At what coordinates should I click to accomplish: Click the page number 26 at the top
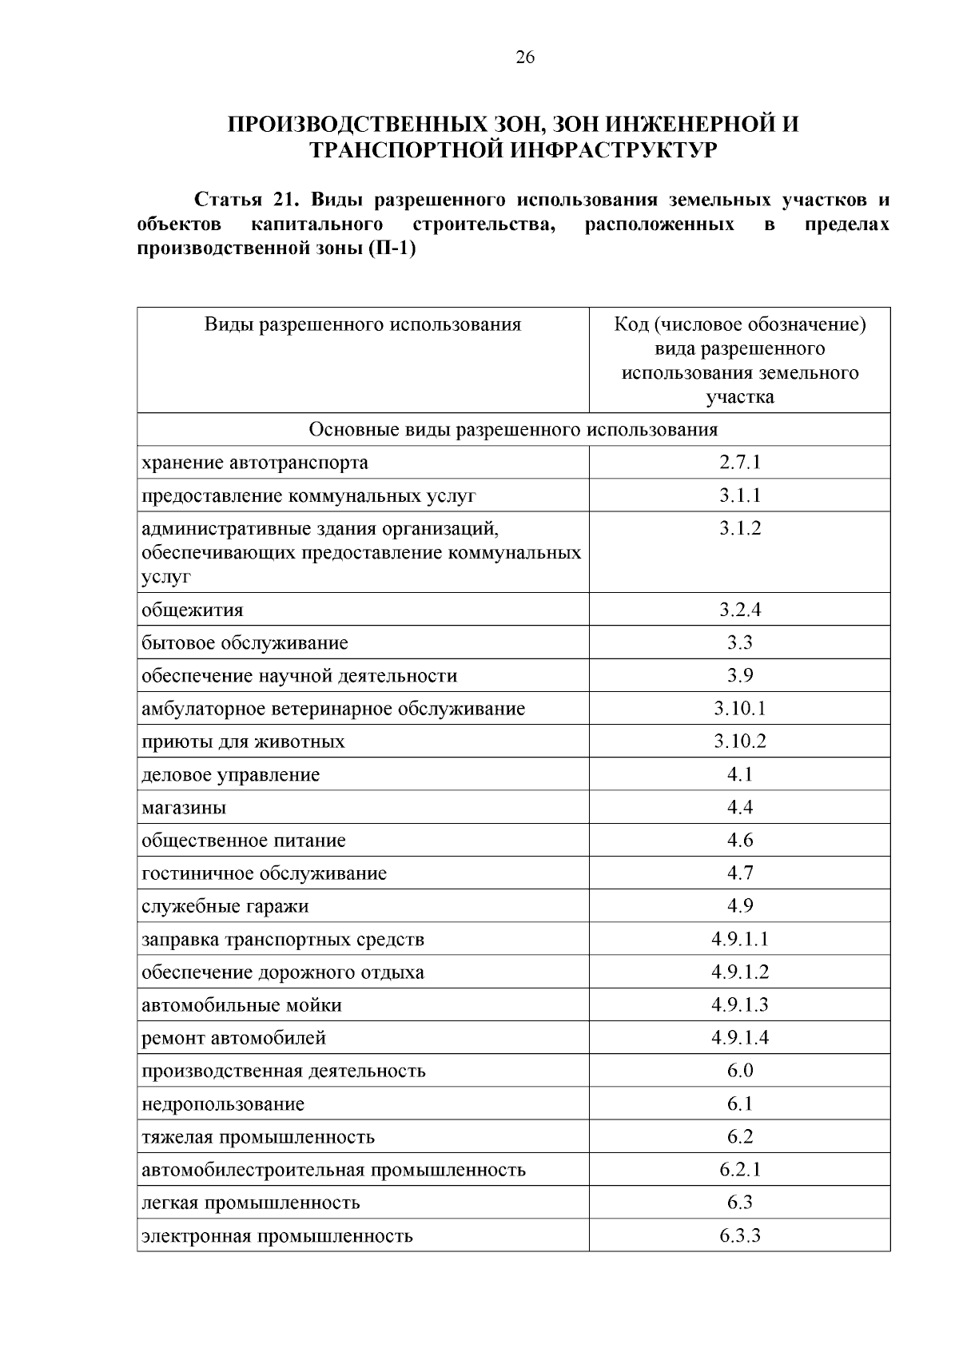click(525, 57)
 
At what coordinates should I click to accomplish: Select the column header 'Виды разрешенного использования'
click(362, 324)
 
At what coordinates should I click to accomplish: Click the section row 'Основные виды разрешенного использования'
click(513, 430)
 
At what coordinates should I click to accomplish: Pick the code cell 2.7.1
click(739, 463)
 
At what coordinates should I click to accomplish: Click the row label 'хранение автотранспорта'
click(255, 463)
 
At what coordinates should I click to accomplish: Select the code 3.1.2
click(739, 528)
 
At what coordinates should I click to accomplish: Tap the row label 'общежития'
click(192, 610)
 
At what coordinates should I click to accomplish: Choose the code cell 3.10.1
click(739, 709)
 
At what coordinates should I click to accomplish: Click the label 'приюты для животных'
click(243, 742)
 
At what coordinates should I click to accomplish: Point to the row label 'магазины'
click(184, 808)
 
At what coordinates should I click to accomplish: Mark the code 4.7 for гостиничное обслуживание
click(739, 873)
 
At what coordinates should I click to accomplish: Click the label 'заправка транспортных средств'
click(283, 940)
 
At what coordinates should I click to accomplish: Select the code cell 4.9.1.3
click(739, 1005)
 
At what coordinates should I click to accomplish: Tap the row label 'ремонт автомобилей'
click(233, 1039)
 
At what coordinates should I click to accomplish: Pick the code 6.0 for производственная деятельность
click(739, 1071)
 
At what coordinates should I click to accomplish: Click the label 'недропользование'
click(223, 1104)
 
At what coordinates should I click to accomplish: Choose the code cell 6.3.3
click(739, 1236)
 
